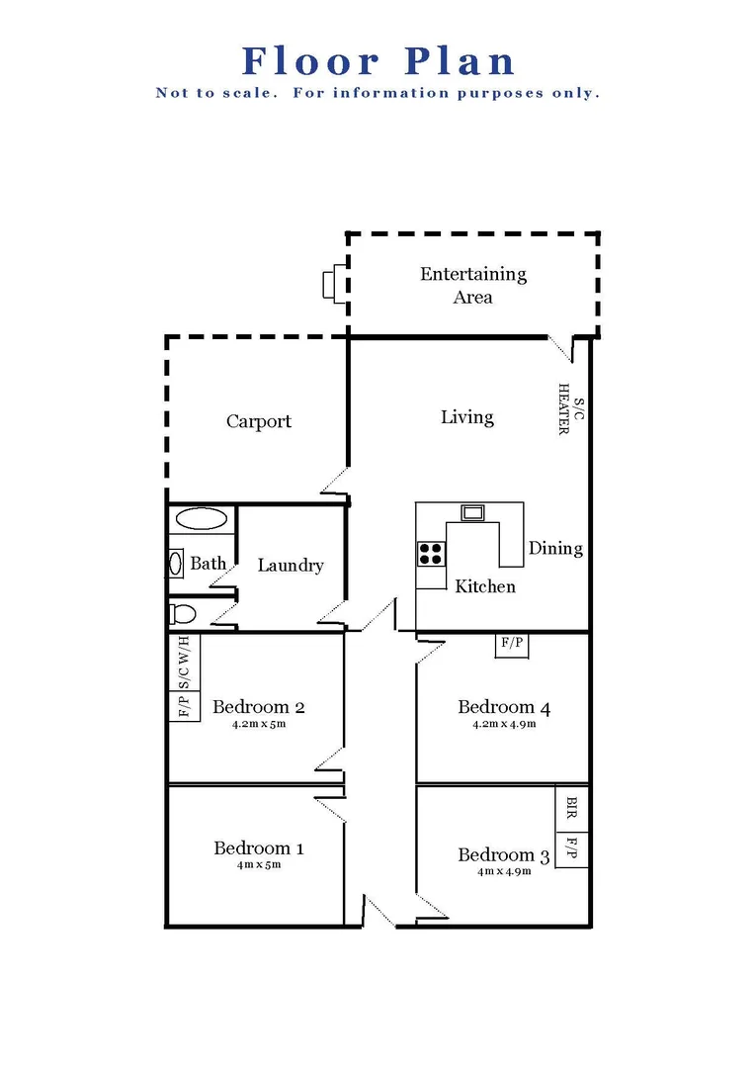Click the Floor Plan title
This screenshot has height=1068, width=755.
pyautogui.click(x=378, y=61)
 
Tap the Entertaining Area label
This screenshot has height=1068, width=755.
pyautogui.click(x=473, y=285)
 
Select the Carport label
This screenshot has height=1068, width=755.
pyautogui.click(x=259, y=421)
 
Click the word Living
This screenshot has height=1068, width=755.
pyautogui.click(x=467, y=417)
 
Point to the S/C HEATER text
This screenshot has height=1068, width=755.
pyautogui.click(x=571, y=410)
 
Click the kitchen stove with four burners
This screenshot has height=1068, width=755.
pyautogui.click(x=431, y=553)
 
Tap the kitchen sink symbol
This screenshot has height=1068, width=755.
pyautogui.click(x=472, y=512)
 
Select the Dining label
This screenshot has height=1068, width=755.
pyautogui.click(x=555, y=548)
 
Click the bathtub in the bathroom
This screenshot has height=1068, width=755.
pyautogui.click(x=202, y=518)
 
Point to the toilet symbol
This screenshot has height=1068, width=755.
pyautogui.click(x=182, y=614)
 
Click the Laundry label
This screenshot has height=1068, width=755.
pyautogui.click(x=291, y=566)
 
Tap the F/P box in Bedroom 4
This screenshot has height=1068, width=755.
pyautogui.click(x=512, y=644)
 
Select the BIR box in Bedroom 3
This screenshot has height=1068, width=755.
pyautogui.click(x=571, y=810)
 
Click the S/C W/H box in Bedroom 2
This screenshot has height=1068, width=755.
pyautogui.click(x=185, y=662)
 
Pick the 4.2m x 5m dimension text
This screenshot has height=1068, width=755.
pyautogui.click(x=258, y=724)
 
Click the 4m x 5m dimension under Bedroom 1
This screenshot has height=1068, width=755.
pyautogui.click(x=259, y=865)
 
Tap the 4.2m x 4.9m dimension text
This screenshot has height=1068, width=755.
pyautogui.click(x=504, y=724)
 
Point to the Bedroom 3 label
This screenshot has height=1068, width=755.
pyautogui.click(x=503, y=854)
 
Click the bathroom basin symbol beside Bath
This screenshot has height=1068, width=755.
pyautogui.click(x=176, y=564)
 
